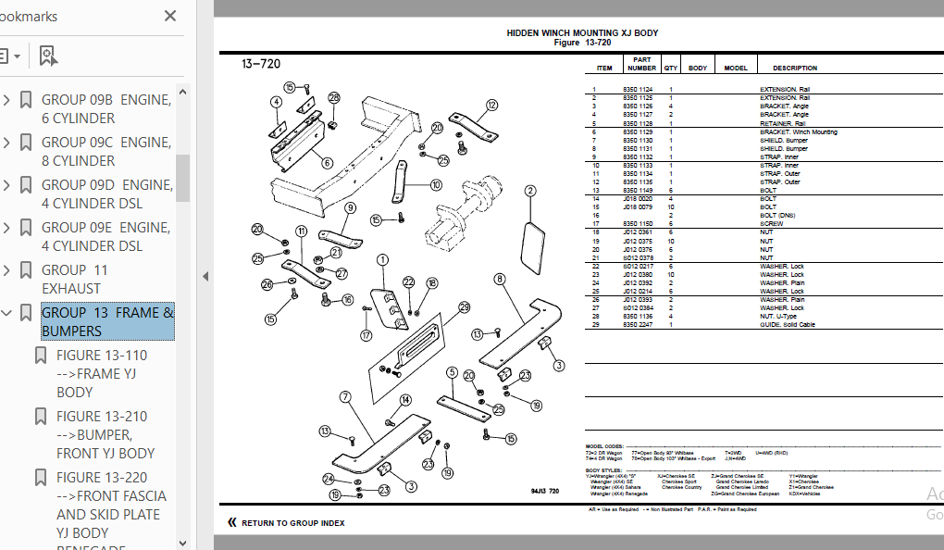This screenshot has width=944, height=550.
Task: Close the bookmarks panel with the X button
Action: pos(170,16)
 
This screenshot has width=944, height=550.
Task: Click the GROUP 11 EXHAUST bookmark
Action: pos(75,279)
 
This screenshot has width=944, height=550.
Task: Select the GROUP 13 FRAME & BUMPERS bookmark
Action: pos(107,321)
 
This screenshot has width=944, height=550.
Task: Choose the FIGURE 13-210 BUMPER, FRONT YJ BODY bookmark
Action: pos(106,434)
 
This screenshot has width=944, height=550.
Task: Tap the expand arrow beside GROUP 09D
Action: pos(7,185)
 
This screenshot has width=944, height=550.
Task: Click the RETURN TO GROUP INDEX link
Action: pos(292,523)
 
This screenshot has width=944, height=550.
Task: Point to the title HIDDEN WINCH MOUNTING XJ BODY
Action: pos(582,33)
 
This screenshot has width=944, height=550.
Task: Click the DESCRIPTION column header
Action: pos(795,68)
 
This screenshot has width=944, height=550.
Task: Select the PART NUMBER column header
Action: pos(641,64)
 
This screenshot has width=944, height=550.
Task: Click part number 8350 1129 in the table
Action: pos(638,131)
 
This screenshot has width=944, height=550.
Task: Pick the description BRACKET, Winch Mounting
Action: pos(798,131)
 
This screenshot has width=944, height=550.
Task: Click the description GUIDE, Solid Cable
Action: pos(787,325)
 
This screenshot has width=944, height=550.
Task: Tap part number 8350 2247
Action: pos(638,325)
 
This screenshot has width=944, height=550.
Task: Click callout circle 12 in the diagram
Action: pos(491,106)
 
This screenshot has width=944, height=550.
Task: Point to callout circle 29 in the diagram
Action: pos(464,307)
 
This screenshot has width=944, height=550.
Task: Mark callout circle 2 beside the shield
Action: pos(530,192)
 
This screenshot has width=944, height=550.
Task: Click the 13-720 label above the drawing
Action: pos(261,64)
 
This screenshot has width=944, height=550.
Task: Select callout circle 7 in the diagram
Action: pos(344,397)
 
